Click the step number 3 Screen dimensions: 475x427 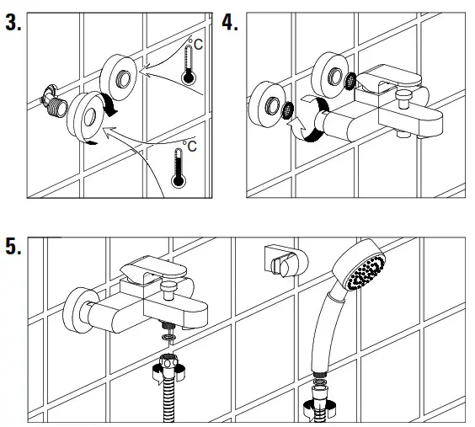(13, 22)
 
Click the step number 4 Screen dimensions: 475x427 (230, 22)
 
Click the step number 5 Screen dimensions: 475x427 (13, 246)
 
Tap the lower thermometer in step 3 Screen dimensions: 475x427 (179, 168)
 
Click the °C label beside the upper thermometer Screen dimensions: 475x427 (195, 44)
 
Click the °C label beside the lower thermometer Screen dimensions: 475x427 (189, 146)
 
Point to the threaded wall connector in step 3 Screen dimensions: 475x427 (55, 101)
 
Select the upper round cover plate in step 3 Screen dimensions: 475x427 (119, 77)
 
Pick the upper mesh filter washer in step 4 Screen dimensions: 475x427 (350, 81)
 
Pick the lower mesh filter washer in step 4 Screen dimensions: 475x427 (287, 110)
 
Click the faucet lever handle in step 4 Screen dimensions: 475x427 (389, 78)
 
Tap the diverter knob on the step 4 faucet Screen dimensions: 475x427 (403, 99)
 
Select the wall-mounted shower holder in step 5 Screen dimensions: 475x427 (286, 261)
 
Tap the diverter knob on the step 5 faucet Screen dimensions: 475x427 (169, 290)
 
